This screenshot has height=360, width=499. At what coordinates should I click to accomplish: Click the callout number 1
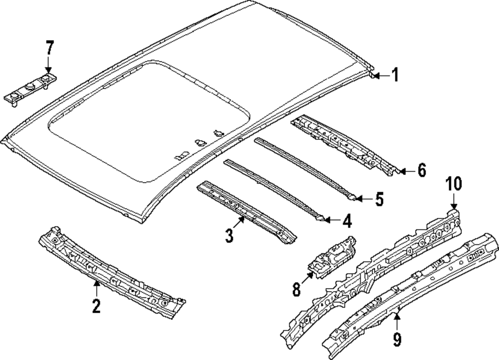[x=395, y=75]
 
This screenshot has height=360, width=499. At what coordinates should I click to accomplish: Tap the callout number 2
[x=96, y=306]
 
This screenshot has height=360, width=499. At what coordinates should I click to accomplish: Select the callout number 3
[x=229, y=236]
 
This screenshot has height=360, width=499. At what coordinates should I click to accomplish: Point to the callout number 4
[x=347, y=221]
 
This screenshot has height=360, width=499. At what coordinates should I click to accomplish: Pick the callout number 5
[x=379, y=199]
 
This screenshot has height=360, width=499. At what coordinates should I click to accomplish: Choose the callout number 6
[x=421, y=171]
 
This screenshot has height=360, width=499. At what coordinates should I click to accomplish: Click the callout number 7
[x=49, y=48]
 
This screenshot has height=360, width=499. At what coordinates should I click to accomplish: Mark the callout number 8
[x=296, y=289]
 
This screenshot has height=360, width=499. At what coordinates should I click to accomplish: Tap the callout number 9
[x=397, y=339]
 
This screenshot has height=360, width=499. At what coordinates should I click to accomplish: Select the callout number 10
[x=454, y=184]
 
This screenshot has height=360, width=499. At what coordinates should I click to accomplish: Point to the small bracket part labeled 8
[x=331, y=258]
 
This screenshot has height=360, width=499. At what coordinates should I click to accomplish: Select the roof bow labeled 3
[x=246, y=212]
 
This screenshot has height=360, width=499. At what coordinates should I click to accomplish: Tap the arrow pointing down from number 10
[x=454, y=201]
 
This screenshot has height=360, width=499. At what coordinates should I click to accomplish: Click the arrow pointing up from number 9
[x=397, y=322]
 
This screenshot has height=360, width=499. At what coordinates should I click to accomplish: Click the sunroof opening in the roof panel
[x=150, y=123]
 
